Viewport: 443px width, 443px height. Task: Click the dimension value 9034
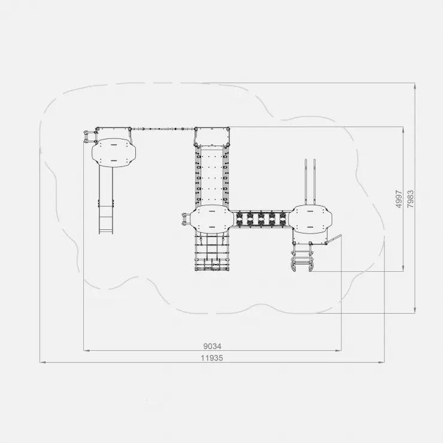tap(212, 346)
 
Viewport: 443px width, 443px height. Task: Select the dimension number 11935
tap(212, 358)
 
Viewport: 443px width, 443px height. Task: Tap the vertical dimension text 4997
tap(399, 199)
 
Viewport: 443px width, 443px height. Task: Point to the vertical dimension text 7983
tap(411, 199)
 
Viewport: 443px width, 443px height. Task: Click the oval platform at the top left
tap(114, 153)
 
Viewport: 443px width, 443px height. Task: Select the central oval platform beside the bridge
tap(212, 219)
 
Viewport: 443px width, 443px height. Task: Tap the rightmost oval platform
tap(310, 219)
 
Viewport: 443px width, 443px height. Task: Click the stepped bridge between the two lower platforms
tap(261, 219)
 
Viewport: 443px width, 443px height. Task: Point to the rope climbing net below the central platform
tap(212, 252)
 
